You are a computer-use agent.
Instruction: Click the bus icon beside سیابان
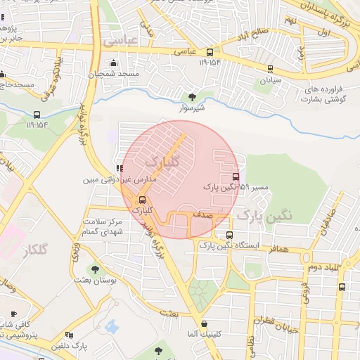tap(271, 68)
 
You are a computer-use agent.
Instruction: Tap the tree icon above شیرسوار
tap(193, 97)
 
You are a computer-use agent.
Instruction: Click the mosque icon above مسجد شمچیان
tap(113, 63)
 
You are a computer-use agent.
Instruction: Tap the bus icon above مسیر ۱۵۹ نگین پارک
tap(235, 176)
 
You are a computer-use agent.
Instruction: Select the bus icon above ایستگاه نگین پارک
tap(229, 236)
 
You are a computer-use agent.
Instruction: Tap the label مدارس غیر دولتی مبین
tap(120, 180)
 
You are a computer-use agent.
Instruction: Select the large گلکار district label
tap(34, 251)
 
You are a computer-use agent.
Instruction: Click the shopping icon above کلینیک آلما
tap(204, 323)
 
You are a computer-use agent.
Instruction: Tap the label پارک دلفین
tap(70, 346)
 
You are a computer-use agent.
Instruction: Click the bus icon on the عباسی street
tap(210, 52)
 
